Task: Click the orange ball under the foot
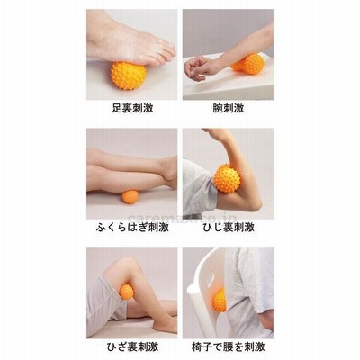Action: coord(129,76)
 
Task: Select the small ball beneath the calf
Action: coord(130,197)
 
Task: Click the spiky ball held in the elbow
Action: coord(227,178)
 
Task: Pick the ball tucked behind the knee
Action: coord(126,291)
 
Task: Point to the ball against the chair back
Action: coord(220,301)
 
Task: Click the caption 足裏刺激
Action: coord(132,108)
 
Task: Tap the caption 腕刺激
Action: coord(229,108)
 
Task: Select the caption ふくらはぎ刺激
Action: coord(132,227)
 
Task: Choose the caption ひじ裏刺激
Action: coord(229,227)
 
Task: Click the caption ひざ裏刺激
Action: coord(132,346)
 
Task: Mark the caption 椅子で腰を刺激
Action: coord(229,346)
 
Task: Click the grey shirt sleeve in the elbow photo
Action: coord(197,187)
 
